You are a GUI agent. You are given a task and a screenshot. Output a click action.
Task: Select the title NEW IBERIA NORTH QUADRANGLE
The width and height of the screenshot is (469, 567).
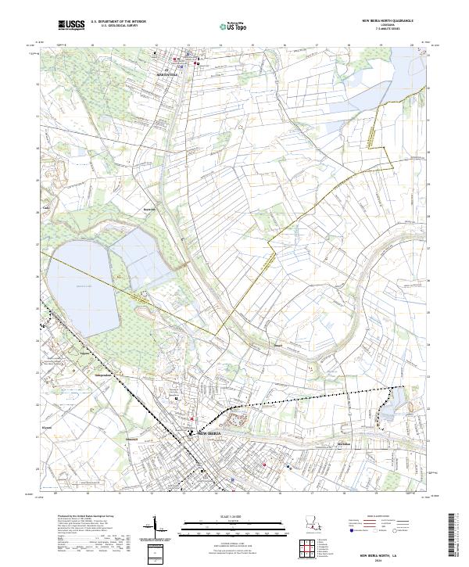(x=386, y=21)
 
